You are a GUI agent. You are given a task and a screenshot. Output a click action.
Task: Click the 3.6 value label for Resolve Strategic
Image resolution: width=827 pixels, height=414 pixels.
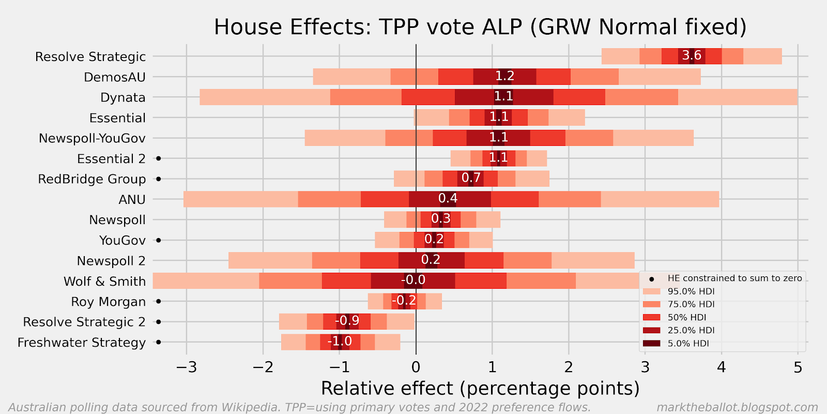[x=692, y=55]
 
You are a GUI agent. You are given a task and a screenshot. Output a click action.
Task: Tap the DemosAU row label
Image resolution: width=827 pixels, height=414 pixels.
[x=115, y=77]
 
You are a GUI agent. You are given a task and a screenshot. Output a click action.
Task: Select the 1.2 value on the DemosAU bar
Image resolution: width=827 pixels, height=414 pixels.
[x=504, y=76]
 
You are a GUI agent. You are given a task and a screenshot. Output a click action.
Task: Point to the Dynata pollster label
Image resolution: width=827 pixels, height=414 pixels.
[x=123, y=98]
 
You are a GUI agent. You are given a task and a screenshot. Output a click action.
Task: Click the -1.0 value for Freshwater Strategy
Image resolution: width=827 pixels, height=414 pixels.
[x=340, y=342]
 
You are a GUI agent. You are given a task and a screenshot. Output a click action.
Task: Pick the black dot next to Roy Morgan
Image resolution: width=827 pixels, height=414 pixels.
[x=159, y=301]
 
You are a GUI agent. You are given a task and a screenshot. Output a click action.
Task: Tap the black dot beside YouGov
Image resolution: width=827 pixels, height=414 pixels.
[x=159, y=240]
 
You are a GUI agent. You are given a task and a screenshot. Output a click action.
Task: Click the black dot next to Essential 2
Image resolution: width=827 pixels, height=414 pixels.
[x=159, y=158]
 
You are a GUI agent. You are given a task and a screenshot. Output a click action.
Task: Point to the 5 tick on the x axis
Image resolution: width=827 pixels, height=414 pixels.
[x=798, y=367]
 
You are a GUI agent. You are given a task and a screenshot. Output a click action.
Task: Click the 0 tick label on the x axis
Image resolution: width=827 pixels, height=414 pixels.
[x=416, y=367]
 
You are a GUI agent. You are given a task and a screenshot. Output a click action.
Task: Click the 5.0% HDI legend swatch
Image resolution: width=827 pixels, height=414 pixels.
[x=651, y=343]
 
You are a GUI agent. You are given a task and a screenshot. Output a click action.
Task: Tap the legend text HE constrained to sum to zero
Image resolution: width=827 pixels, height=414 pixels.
[x=734, y=278]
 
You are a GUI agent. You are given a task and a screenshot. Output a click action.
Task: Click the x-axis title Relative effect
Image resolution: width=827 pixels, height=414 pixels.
[x=480, y=388]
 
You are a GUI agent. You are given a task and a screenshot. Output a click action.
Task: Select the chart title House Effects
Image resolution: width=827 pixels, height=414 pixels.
[x=480, y=27]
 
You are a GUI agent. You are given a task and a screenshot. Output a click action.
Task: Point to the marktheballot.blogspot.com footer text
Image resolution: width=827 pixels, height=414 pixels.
[x=737, y=407]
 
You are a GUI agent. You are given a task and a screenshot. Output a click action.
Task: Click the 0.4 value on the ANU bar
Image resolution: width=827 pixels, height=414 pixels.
[x=448, y=198]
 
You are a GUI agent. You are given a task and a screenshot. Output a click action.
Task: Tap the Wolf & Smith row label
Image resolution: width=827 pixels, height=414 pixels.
[x=104, y=282]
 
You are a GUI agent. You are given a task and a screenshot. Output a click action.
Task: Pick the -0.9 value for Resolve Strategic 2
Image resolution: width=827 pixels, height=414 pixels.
[x=347, y=321]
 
